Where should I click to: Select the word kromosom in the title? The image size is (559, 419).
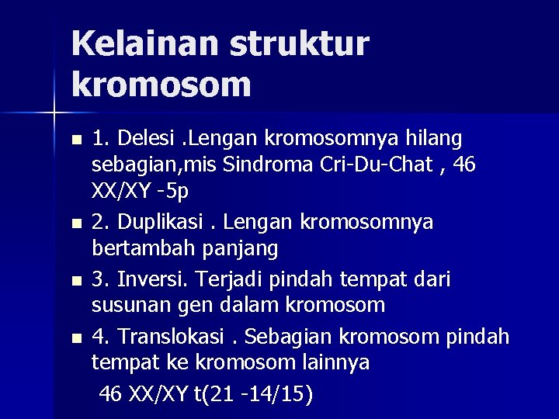point(161,85)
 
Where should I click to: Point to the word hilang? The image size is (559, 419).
point(434,139)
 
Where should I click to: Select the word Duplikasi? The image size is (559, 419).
point(160,223)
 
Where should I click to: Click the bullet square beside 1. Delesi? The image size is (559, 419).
point(75,141)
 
